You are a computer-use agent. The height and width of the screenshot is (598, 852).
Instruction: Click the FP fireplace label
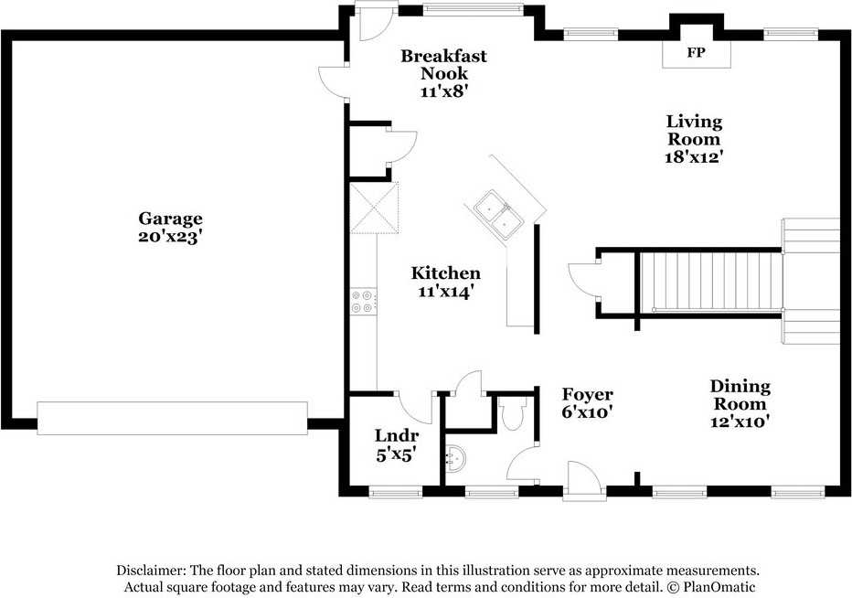[x=696, y=53]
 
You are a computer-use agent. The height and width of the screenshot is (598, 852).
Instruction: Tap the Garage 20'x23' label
[x=170, y=228]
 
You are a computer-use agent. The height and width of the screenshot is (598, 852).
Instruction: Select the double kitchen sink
[x=498, y=214]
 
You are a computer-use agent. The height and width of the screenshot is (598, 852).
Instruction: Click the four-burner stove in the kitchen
[x=362, y=302]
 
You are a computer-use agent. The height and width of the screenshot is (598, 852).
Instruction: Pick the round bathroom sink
[x=455, y=459]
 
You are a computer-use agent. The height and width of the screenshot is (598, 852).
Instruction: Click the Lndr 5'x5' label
[x=396, y=444]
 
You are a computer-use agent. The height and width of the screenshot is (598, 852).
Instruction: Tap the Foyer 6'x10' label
[x=588, y=403]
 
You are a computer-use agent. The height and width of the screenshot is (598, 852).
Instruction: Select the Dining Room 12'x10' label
[x=740, y=403]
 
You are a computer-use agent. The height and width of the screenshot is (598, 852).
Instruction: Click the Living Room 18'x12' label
[x=694, y=139]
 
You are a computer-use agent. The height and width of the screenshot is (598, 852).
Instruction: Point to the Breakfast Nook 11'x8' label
[x=444, y=73]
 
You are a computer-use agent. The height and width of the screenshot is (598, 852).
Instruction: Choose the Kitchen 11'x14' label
[x=445, y=282]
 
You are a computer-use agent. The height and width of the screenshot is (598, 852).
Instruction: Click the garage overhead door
[x=172, y=418]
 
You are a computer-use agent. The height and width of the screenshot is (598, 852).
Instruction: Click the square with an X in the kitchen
[x=375, y=208]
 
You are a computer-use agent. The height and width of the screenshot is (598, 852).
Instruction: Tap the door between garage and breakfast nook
[x=333, y=82]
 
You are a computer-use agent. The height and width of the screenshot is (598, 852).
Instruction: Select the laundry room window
[x=396, y=492]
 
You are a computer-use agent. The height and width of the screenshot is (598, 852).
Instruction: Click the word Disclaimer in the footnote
[x=151, y=571]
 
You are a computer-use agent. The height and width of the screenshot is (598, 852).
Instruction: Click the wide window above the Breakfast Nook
[x=474, y=8]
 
